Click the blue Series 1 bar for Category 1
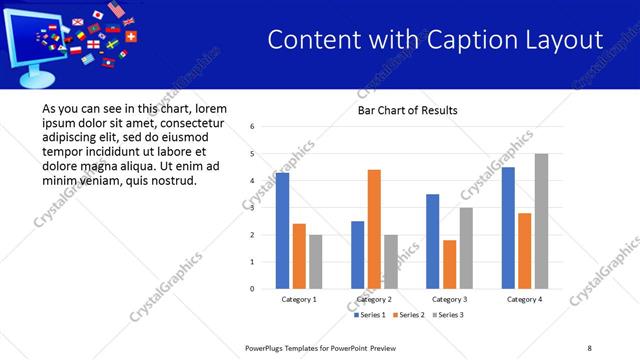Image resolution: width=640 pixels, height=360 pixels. [x=282, y=231]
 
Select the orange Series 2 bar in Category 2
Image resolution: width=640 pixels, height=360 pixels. [x=374, y=229]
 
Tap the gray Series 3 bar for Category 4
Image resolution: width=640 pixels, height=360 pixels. [x=541, y=221]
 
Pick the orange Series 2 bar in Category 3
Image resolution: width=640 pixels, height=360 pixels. [x=449, y=264]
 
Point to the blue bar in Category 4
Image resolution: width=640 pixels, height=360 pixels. [x=508, y=228]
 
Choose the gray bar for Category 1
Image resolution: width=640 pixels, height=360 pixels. [x=316, y=262]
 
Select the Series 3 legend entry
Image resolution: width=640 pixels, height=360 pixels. [x=448, y=315]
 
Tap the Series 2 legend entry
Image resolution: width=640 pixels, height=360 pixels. [x=410, y=315]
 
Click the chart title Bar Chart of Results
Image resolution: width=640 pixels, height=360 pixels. [x=407, y=110]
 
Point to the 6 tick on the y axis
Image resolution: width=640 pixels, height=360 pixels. [x=253, y=127]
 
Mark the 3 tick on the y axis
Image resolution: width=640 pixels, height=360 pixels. [x=253, y=208]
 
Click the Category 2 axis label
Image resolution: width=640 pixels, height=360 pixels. [x=374, y=299]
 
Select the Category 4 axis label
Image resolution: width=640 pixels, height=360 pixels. [x=524, y=299]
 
